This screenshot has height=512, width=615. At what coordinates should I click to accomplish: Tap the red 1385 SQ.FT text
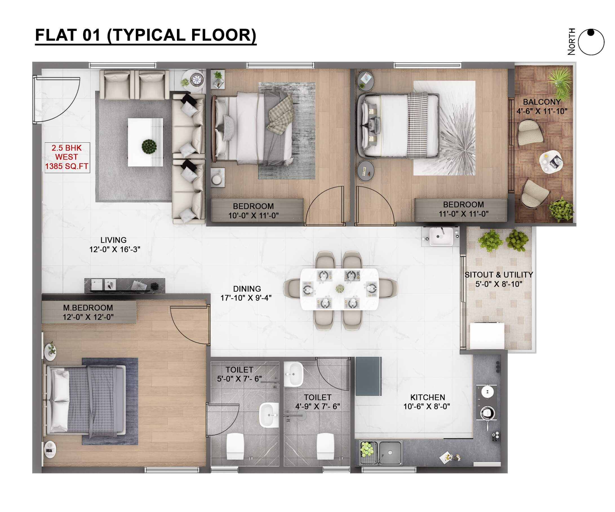tap(66, 166)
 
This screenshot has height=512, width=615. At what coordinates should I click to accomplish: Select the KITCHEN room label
tap(428, 397)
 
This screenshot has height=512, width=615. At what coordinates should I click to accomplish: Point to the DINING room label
tap(247, 289)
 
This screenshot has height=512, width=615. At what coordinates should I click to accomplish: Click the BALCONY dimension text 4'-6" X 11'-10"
tap(542, 111)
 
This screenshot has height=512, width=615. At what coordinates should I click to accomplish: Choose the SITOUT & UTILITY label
tap(499, 275)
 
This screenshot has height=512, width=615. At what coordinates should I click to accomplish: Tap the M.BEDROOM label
tap(88, 307)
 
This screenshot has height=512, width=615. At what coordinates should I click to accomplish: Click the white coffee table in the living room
tap(145, 142)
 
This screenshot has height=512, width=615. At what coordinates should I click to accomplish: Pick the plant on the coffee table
tap(149, 146)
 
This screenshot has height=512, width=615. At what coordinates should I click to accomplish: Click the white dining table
tap(339, 289)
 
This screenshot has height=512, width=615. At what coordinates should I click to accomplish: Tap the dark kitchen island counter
tap(368, 376)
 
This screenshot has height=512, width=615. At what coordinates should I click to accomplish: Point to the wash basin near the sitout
tap(441, 236)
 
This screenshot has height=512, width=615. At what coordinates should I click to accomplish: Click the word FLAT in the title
tap(56, 35)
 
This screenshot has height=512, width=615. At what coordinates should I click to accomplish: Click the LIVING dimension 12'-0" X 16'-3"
tap(115, 250)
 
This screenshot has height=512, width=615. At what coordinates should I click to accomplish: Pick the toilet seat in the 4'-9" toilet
tap(325, 446)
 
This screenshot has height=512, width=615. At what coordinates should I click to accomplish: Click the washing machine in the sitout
tap(487, 336)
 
